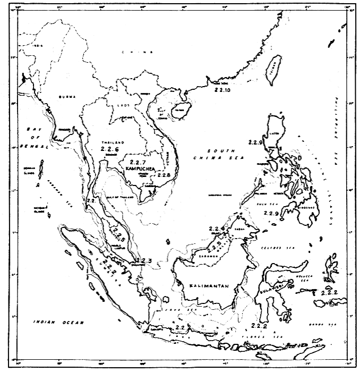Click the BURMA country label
pyautogui.click(x=68, y=96)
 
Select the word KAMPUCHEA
pyautogui.click(x=140, y=168)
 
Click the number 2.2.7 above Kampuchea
pyautogui.click(x=137, y=161)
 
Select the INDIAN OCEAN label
pyautogui.click(x=48, y=322)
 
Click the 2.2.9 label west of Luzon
pyautogui.click(x=255, y=142)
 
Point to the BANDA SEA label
pyautogui.click(x=325, y=324)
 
